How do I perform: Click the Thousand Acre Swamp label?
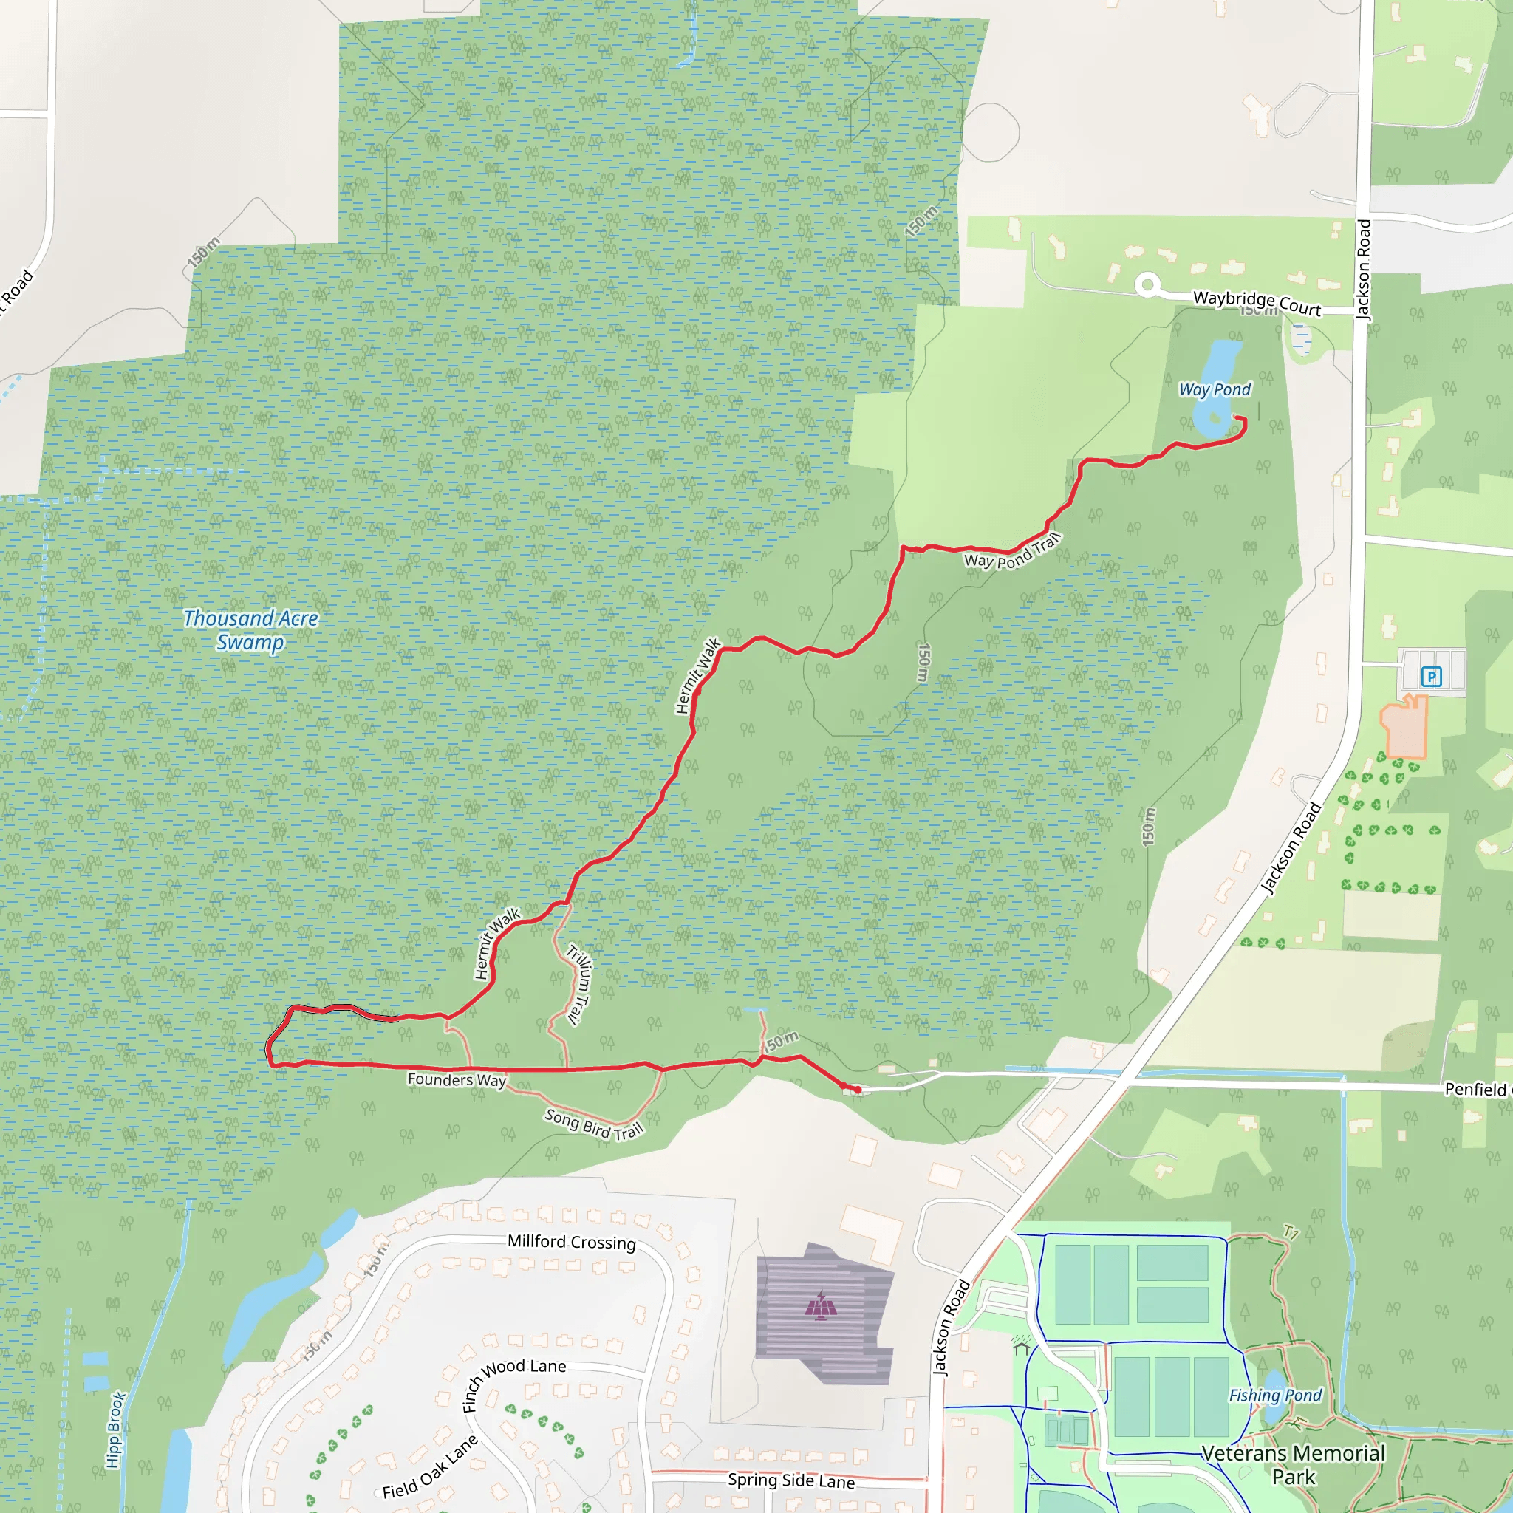[x=250, y=630]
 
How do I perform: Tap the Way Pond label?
[x=1215, y=389]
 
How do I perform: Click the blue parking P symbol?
[x=1432, y=677]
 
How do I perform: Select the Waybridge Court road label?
[x=1257, y=303]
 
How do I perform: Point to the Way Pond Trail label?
[x=1013, y=552]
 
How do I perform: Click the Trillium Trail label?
[x=579, y=986]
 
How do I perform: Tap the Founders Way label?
[x=457, y=1080]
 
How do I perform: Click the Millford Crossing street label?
[x=572, y=1242]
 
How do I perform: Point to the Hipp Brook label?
[x=116, y=1430]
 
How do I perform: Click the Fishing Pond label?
[x=1275, y=1396]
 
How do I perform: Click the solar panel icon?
[x=821, y=1305]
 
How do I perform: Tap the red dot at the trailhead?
[x=858, y=1090]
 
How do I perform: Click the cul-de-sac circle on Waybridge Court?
[x=1147, y=285]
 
